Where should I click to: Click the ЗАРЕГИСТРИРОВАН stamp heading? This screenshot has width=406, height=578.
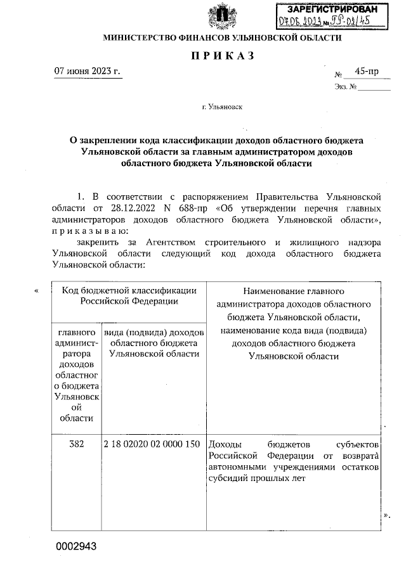tap(328, 10)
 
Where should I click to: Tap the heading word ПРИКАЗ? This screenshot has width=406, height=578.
tap(222, 56)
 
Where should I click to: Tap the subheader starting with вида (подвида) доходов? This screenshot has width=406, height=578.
tap(154, 343)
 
